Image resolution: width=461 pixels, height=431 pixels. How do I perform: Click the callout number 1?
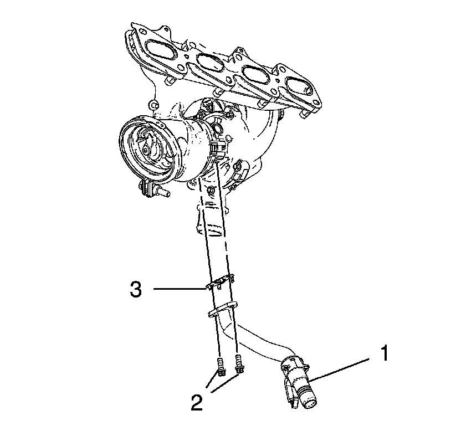[382, 353]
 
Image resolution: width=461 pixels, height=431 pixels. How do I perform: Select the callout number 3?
[136, 289]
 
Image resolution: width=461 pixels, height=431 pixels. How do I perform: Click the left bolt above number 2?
[220, 366]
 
